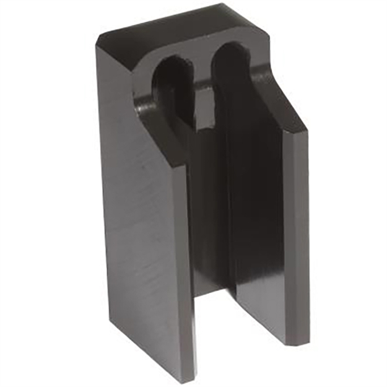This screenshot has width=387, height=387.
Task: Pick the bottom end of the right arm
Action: [291, 342]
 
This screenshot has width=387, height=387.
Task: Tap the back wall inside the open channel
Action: [211, 217]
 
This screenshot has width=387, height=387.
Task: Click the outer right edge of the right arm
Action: [307, 235]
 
